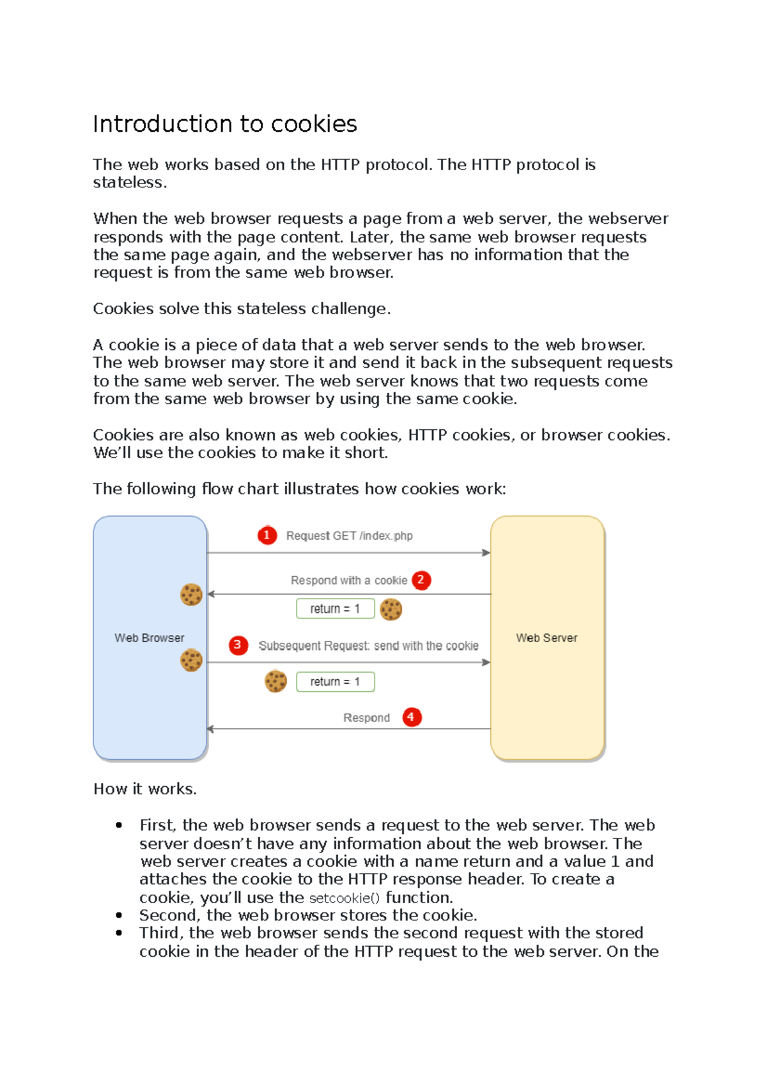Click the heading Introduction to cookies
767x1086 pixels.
coord(225,124)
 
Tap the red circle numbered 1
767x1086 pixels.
coord(267,535)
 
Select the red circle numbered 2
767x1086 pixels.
coord(421,580)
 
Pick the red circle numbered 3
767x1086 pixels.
coord(238,645)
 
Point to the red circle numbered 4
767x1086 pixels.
coord(411,717)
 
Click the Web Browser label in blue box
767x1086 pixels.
coord(149,638)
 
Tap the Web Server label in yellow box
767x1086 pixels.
coord(546,638)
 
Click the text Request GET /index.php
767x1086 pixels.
coord(349,536)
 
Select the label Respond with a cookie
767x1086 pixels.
coord(348,580)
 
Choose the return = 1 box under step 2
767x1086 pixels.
coord(335,609)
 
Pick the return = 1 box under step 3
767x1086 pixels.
coord(335,682)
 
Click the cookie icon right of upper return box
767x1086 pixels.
coord(391,610)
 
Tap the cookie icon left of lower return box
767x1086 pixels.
coord(275,681)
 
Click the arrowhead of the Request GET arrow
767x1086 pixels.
coord(486,553)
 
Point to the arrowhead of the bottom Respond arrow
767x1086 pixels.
coord(211,729)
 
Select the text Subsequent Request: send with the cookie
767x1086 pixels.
coord(368,646)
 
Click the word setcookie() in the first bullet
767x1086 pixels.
coord(344,898)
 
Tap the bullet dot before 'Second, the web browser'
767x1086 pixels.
coord(119,915)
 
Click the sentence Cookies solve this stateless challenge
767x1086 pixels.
coord(242,309)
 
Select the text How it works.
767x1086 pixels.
coord(145,789)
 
